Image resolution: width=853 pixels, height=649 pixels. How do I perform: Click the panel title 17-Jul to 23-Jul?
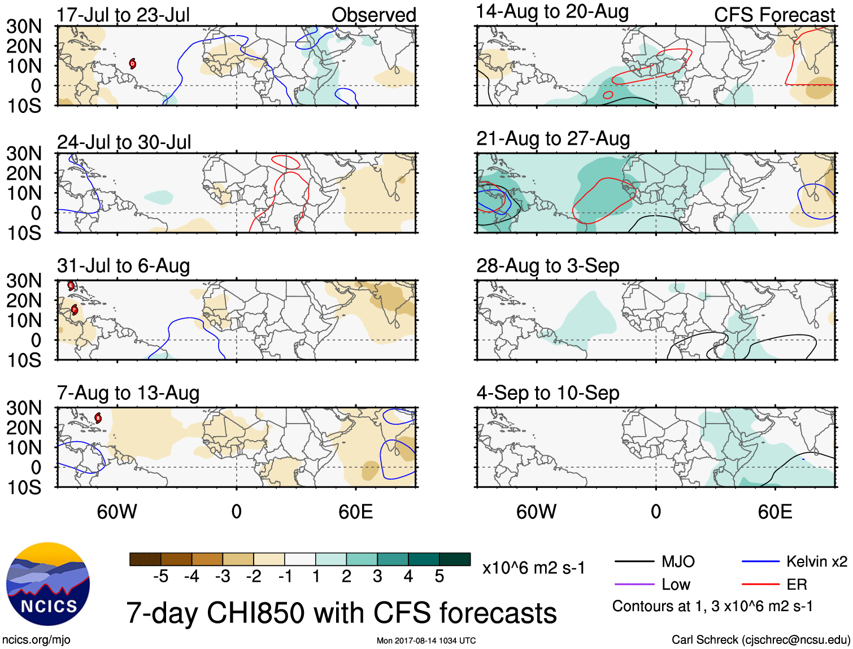pyautogui.click(x=123, y=15)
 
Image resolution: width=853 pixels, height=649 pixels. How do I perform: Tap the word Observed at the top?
pyautogui.click(x=373, y=15)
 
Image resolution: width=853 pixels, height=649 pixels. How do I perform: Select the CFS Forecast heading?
pyautogui.click(x=774, y=15)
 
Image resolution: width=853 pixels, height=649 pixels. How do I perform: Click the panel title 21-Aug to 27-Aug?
pyautogui.click(x=552, y=138)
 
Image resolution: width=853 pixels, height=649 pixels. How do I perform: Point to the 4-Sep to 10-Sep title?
pyautogui.click(x=547, y=393)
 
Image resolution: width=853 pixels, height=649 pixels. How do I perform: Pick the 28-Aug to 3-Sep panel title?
pyautogui.click(x=547, y=265)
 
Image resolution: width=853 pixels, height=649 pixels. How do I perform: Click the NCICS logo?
pyautogui.click(x=48, y=584)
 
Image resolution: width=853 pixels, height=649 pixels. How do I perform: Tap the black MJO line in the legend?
pyautogui.click(x=634, y=561)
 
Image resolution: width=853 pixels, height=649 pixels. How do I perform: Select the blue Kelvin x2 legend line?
pyautogui.click(x=760, y=561)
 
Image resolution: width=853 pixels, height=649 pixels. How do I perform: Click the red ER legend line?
pyautogui.click(x=760, y=584)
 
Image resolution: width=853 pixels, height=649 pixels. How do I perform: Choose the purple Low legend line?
pyautogui.click(x=634, y=584)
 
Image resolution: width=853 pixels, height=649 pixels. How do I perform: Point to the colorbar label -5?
pyautogui.click(x=161, y=576)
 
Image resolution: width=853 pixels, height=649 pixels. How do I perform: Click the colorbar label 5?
pyautogui.click(x=439, y=576)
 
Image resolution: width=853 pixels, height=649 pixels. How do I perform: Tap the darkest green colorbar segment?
pyautogui.click(x=455, y=559)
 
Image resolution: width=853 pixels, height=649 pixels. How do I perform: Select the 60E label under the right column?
pyautogui.click(x=774, y=512)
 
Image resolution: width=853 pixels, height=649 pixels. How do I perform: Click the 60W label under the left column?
pyautogui.click(x=117, y=512)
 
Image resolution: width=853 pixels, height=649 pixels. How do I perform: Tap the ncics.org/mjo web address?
pyautogui.click(x=36, y=640)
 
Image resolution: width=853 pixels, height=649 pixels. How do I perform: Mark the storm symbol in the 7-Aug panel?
pyautogui.click(x=98, y=419)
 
